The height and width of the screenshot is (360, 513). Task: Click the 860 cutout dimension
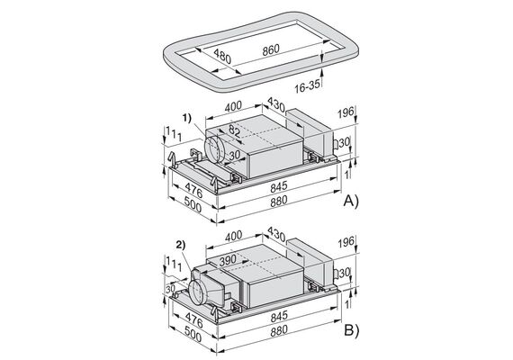[x=271, y=50]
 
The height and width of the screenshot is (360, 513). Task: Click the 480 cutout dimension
[x=222, y=57]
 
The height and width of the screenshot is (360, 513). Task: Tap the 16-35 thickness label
[x=307, y=86]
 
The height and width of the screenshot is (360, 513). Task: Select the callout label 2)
[x=181, y=245]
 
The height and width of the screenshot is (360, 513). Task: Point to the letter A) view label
[x=351, y=201]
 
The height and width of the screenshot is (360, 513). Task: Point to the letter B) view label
[x=351, y=330]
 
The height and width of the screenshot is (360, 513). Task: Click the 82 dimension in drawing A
[x=234, y=131]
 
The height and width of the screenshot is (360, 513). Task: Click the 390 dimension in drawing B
[x=228, y=260]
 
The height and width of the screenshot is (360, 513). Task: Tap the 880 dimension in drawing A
[x=279, y=201]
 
